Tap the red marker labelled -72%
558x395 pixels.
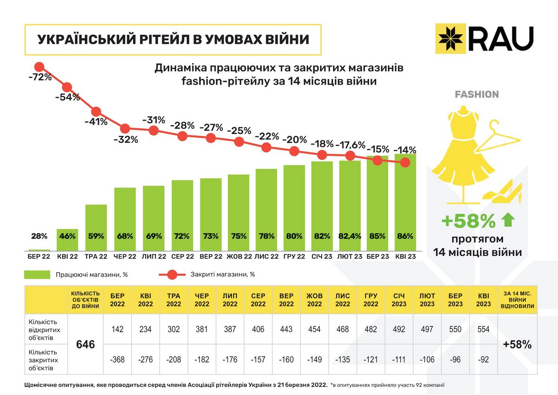point(40,67)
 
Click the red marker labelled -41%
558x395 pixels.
point(96,112)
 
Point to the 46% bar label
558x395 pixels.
point(68,236)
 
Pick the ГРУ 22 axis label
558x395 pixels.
point(294,256)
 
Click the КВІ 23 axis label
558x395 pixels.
point(405,256)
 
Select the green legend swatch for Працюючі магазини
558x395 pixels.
point(37,274)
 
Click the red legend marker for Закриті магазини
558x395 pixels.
point(171,274)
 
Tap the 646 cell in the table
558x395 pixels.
point(86,345)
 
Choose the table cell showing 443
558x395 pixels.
point(286,329)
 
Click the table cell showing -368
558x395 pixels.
point(118,360)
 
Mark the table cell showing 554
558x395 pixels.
point(483,329)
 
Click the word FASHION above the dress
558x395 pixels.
point(477,94)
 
